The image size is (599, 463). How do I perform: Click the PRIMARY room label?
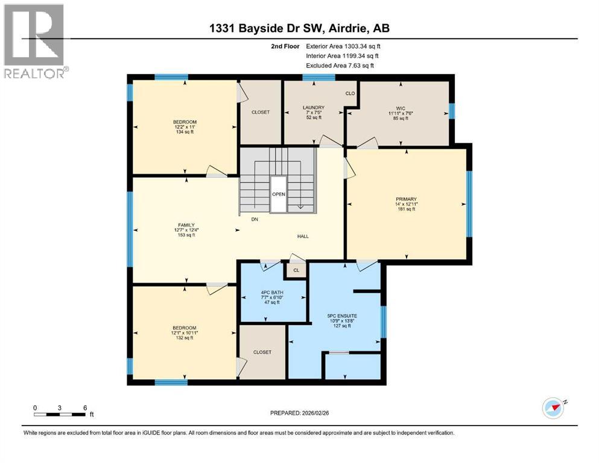[x=406, y=199]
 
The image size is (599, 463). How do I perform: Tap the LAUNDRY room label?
[x=313, y=108]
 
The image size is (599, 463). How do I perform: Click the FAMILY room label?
[x=186, y=224]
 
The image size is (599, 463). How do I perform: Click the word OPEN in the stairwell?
[x=278, y=194]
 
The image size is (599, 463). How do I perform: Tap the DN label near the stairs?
[x=255, y=219]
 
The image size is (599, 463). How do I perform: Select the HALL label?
[x=302, y=236]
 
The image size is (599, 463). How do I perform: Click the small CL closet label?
[x=296, y=271]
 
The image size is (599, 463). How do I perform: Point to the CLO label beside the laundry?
[x=350, y=93]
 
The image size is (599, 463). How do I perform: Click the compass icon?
[x=553, y=408]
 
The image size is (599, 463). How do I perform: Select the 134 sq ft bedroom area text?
[x=185, y=132]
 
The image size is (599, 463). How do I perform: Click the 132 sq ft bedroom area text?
[x=185, y=338]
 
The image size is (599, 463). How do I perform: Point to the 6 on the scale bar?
[x=85, y=408]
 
